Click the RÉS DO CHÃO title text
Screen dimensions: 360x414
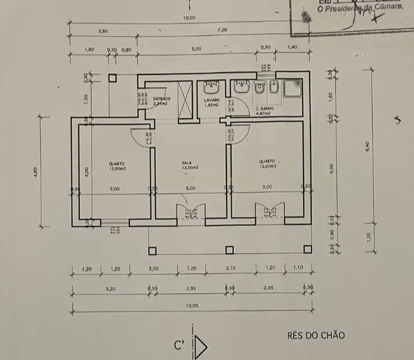coord(316,335)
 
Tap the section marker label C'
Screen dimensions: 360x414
coord(179,346)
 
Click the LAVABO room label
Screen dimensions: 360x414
coord(212,101)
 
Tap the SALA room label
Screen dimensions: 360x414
coord(186,164)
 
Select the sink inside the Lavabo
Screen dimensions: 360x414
coord(211,87)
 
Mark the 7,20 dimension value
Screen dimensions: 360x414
coord(222,29)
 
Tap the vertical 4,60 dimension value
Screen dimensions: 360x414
coord(36,171)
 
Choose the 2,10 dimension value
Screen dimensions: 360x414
coord(232,269)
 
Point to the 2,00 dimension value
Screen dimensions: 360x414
coord(154,269)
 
